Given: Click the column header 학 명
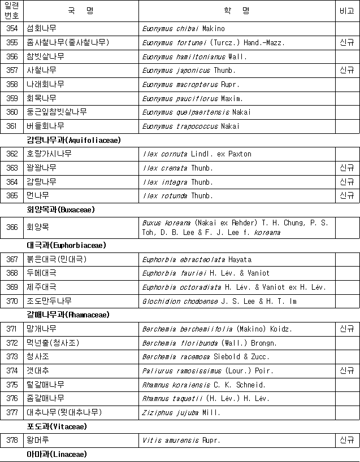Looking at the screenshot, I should coord(237,11).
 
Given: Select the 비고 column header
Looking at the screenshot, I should coord(347,11).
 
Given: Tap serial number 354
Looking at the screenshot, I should coord(11,28).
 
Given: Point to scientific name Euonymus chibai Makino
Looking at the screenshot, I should coord(183,28).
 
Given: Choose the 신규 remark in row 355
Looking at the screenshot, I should coord(347,42).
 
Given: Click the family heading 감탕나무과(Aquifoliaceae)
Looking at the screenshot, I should coord(73,140).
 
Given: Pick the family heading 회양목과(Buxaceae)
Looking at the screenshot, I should coord(61,210).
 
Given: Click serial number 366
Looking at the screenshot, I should coord(11,228).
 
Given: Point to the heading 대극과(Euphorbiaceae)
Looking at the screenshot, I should coord(66,245).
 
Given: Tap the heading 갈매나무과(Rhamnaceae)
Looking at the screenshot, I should coord(68,315).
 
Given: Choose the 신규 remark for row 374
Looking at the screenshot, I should coord(347,371).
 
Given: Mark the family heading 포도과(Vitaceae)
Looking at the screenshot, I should coord(57,426).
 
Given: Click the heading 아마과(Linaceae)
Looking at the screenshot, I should coord(57,454).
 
